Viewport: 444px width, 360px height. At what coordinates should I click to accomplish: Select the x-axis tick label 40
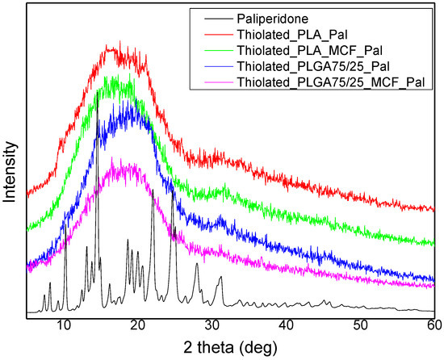(x=286, y=324)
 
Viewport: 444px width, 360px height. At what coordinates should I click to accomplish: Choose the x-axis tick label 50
(x=360, y=324)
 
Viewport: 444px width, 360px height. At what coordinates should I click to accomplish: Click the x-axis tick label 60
(x=433, y=324)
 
